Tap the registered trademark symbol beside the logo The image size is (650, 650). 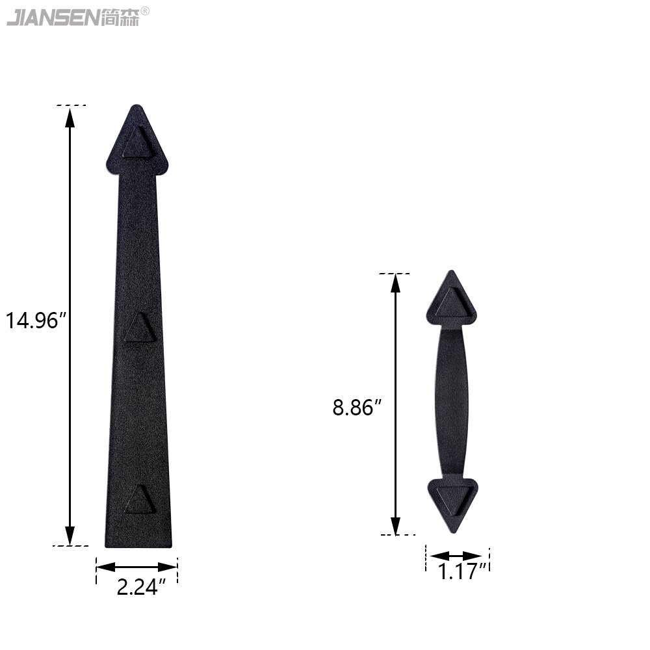[145, 11]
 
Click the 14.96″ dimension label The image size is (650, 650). [36, 320]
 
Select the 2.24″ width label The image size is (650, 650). [141, 587]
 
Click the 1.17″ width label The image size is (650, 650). [462, 571]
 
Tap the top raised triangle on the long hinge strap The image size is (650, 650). [140, 143]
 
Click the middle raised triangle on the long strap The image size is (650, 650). [140, 328]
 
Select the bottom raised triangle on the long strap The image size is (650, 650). [140, 499]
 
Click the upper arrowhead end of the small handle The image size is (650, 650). [452, 298]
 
